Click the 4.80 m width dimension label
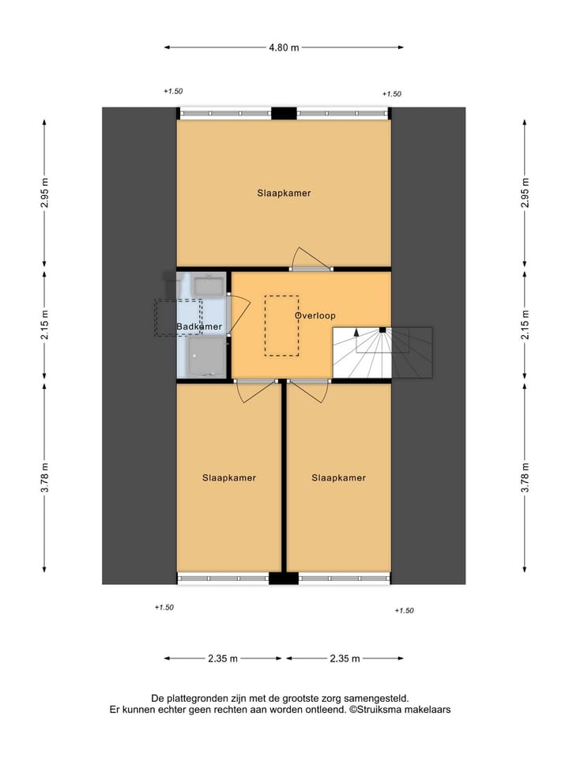(284, 47)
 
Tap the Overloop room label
(315, 315)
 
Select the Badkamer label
(199, 326)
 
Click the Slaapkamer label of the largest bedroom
(284, 193)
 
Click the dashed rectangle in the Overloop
(281, 325)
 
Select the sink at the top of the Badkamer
(209, 285)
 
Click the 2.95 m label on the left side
(45, 193)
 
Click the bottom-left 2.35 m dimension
(223, 658)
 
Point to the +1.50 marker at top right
(391, 94)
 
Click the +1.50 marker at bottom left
(164, 607)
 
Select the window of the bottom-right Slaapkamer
(345, 578)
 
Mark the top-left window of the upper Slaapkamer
(225, 114)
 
